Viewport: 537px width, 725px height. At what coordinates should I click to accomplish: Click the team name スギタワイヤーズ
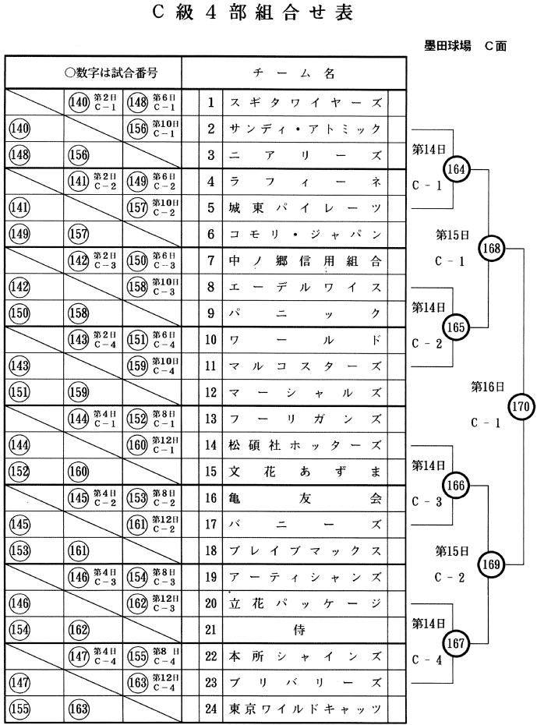tap(305, 102)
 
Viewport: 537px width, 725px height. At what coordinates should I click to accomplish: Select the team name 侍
tap(305, 629)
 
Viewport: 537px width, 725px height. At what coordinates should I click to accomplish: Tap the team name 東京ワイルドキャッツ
tap(305, 709)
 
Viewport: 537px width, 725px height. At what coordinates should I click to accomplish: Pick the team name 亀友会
tap(305, 497)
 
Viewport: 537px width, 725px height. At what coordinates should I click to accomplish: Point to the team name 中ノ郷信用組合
tap(305, 260)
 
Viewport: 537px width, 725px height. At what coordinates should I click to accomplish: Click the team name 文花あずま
tap(305, 471)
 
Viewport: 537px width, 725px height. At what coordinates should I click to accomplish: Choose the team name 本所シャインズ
tap(305, 656)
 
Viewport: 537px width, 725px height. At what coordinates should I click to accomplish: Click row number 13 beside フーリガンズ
tap(210, 419)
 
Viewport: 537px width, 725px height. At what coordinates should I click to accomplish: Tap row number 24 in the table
tap(210, 709)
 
